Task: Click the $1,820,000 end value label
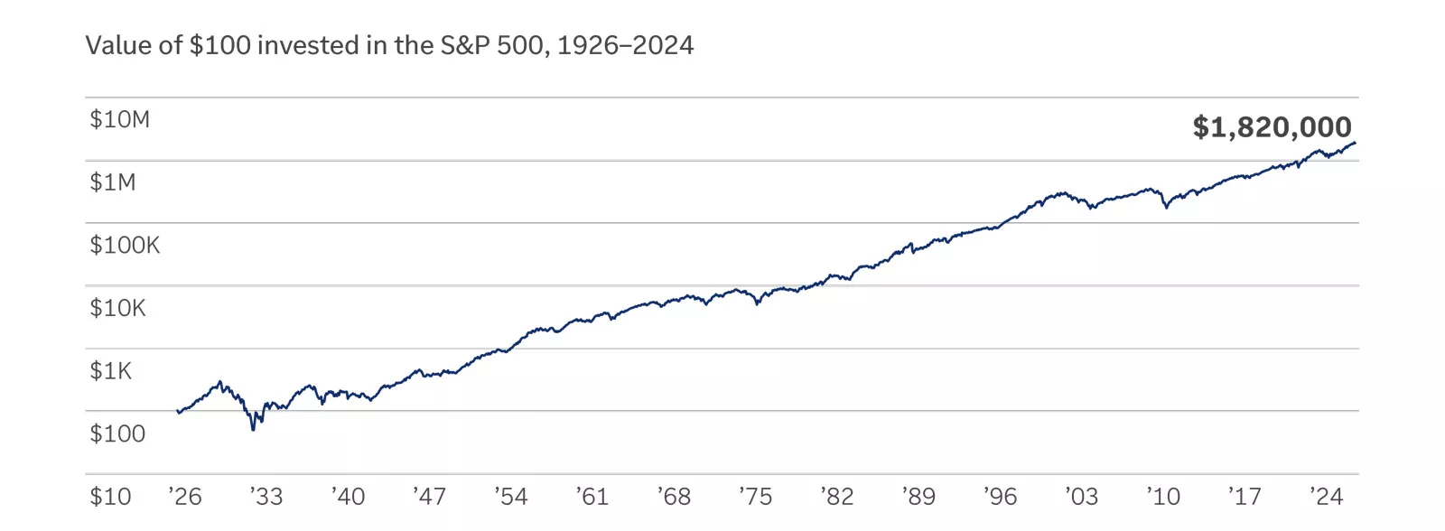pos(1272,127)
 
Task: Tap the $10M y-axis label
pos(119,119)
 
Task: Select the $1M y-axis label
pos(113,182)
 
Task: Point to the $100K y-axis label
pos(125,245)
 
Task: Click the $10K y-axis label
pos(117,308)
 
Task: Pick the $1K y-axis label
pos(110,371)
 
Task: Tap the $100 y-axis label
pos(117,433)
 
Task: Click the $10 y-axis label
pos(110,497)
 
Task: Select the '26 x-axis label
pos(185,497)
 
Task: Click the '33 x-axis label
pos(266,497)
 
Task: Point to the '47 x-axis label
pos(430,497)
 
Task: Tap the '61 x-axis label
pos(592,497)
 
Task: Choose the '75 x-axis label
pos(756,497)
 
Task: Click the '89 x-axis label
pos(918,497)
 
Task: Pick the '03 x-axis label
pos(1081,497)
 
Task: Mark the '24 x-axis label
pos(1327,497)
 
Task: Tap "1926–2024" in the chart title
pos(625,45)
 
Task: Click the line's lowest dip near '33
pos(253,429)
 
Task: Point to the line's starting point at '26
pos(179,412)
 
